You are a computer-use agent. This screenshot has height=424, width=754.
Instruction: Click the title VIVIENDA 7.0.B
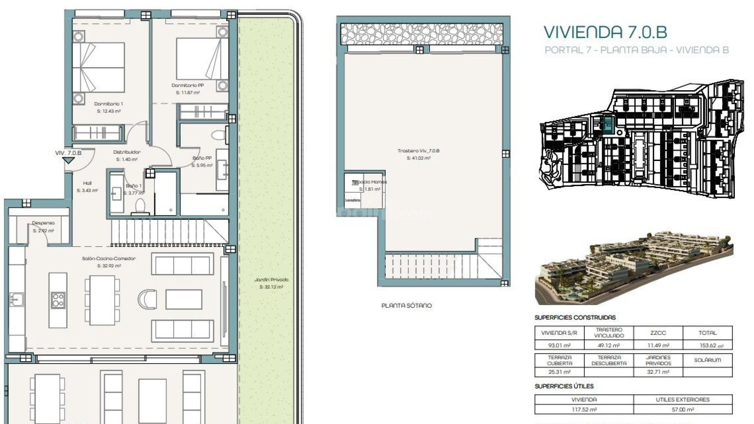[x=605, y=32]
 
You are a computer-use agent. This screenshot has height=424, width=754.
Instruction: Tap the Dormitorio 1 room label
[x=108, y=104]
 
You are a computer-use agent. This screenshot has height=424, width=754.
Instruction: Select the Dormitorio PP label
[x=187, y=85]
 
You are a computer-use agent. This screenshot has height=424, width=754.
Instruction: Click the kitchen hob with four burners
[x=58, y=300]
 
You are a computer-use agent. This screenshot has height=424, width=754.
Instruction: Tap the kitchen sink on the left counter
[x=16, y=300]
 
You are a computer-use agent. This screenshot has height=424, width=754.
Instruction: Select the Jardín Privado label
[x=271, y=280]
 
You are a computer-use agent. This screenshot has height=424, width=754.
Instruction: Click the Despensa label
[x=43, y=223]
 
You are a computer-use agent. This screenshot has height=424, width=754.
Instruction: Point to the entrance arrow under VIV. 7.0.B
[x=69, y=161]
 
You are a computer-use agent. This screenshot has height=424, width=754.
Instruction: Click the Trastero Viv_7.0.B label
[x=418, y=151]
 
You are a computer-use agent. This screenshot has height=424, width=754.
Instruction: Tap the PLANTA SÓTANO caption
[x=406, y=305]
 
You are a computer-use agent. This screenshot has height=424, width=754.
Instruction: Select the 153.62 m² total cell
[x=707, y=345]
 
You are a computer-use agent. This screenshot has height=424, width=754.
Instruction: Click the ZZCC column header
[x=658, y=333]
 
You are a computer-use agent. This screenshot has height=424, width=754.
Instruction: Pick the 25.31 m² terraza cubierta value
[x=559, y=372]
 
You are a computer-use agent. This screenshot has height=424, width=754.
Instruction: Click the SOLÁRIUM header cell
[x=707, y=360]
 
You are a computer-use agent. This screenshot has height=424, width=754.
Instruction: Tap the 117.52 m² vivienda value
[x=584, y=409]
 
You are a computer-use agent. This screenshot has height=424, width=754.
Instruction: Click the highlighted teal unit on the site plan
[x=608, y=125]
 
